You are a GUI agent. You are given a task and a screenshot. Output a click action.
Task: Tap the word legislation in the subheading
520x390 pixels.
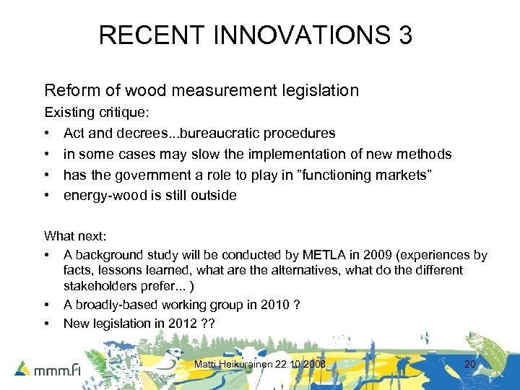pos(317,90)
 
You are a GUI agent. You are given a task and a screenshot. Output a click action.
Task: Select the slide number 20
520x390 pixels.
pos(469,364)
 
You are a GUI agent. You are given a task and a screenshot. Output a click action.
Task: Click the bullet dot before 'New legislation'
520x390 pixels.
pos(48,324)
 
